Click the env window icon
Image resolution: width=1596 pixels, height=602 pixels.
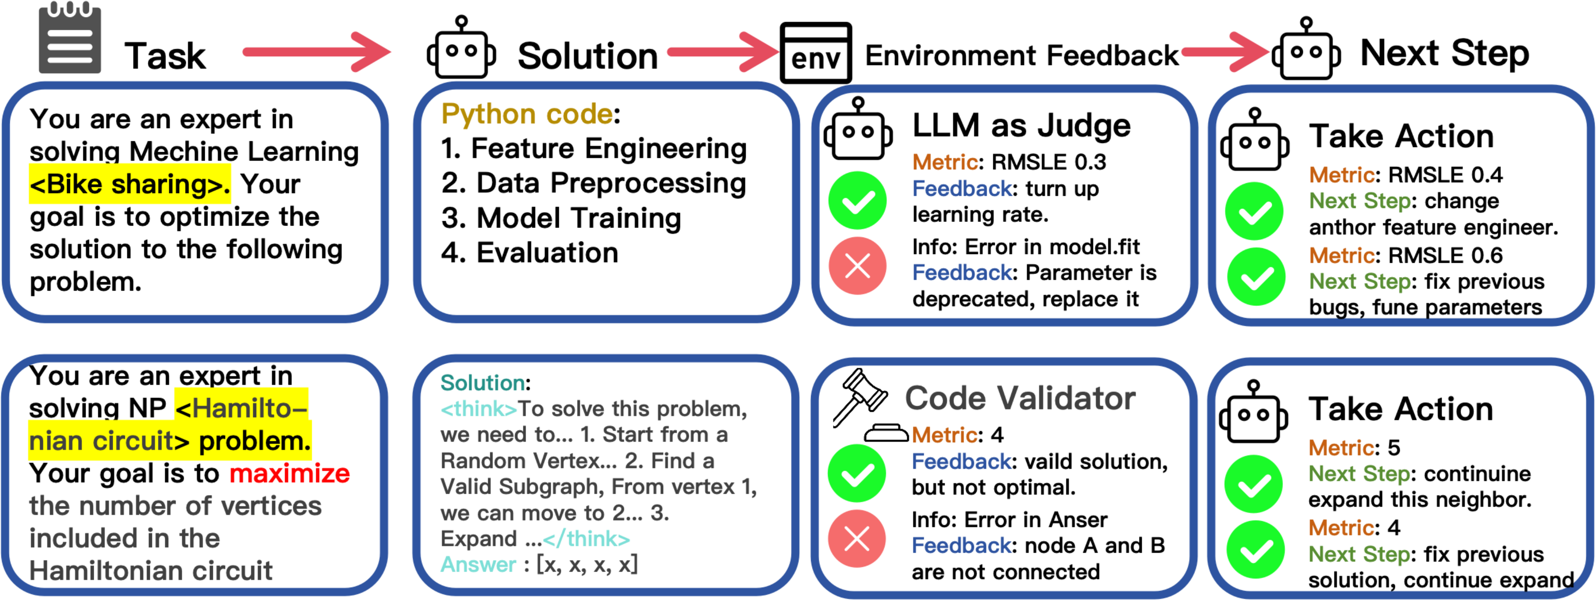[x=815, y=53]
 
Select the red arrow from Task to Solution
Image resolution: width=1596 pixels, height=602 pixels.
[x=316, y=52]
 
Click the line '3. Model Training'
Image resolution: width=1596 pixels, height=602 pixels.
[x=561, y=218]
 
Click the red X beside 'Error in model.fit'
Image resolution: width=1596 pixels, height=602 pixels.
[x=858, y=266]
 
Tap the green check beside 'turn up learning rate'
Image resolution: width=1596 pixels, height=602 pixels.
[x=858, y=200]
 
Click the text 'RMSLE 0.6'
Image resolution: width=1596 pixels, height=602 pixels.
[x=1445, y=255]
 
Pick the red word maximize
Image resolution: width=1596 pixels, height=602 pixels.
[x=289, y=474]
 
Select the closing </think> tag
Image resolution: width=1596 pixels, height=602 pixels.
[x=586, y=539]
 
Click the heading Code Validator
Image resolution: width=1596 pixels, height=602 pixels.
[x=1020, y=398]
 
